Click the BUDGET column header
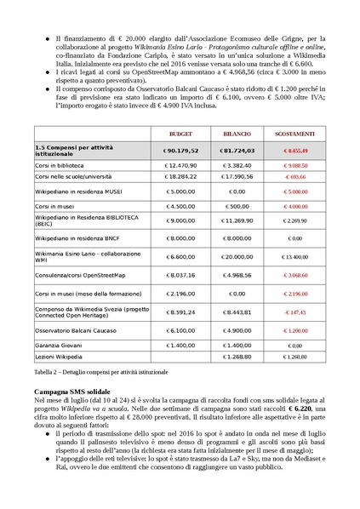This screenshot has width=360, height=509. point(180,134)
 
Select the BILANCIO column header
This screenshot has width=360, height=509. point(237,134)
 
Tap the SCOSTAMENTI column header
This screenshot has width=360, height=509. point(294,134)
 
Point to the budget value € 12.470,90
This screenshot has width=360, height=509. point(180,164)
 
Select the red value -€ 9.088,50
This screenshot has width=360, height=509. point(294,164)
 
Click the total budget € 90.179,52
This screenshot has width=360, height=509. point(180,150)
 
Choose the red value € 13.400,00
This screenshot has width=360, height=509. point(294,255)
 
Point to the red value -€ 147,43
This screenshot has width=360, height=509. point(294,312)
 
